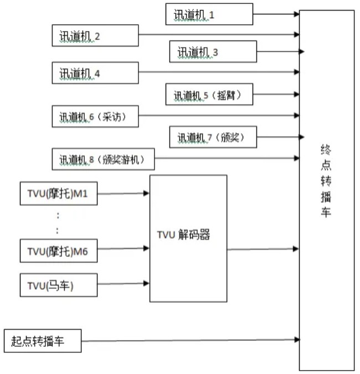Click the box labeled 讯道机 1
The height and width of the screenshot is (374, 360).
pyautogui.click(x=209, y=14)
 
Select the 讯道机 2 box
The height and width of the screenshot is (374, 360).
pyautogui.click(x=95, y=35)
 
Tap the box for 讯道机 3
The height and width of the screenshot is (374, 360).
pyautogui.click(x=213, y=51)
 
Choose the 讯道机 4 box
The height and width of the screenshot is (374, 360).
pyautogui.click(x=95, y=72)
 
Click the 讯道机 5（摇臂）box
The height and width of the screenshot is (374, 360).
pyautogui.click(x=209, y=94)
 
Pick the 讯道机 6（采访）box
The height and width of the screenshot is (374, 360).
pyautogui.click(x=95, y=116)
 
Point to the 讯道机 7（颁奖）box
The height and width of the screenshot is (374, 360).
pyautogui.click(x=213, y=137)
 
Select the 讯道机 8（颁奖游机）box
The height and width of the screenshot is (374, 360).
pyautogui.click(x=103, y=159)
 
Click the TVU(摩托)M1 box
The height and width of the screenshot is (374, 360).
pyautogui.click(x=59, y=194)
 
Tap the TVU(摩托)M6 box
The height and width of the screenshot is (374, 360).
pyautogui.click(x=59, y=251)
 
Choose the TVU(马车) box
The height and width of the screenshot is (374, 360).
pyautogui.click(x=59, y=285)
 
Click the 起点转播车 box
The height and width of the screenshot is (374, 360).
pyautogui.click(x=43, y=341)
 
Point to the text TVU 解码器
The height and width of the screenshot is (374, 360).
pyautogui.click(x=183, y=235)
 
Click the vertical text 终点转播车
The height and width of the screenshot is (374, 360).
pyautogui.click(x=326, y=180)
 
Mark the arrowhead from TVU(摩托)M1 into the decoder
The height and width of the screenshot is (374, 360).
pyautogui.click(x=146, y=193)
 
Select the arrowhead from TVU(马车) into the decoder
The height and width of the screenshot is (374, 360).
pyautogui.click(x=146, y=283)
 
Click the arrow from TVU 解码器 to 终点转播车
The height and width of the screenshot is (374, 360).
pyautogui.click(x=263, y=250)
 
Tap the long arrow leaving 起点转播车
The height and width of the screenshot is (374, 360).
pyautogui.click(x=191, y=340)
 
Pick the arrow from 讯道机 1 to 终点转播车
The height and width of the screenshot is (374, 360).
pyautogui.click(x=276, y=14)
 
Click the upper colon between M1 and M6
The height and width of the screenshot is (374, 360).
pyautogui.click(x=58, y=216)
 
